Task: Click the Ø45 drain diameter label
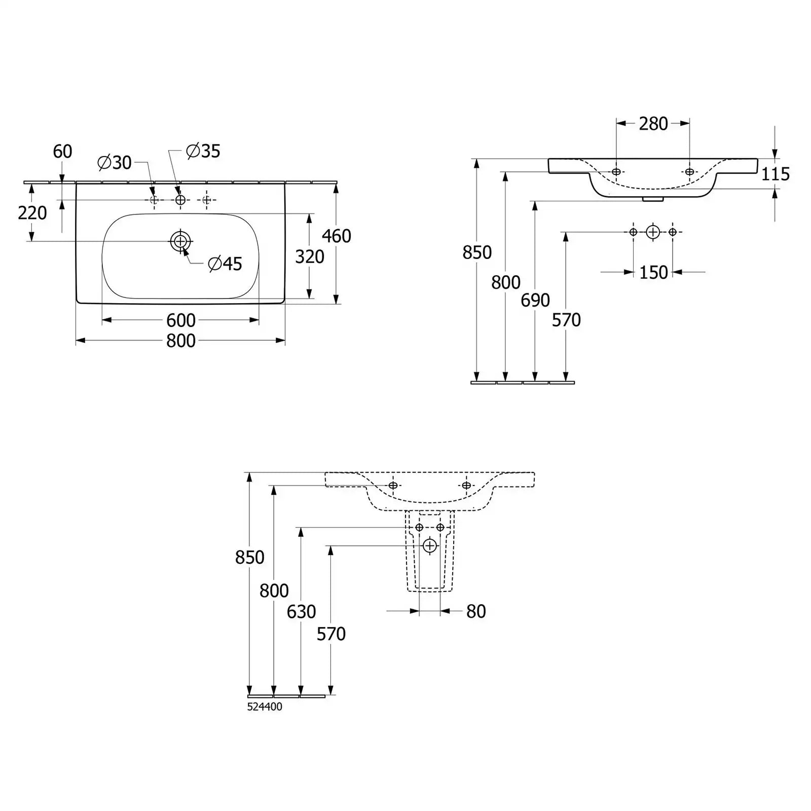(225, 264)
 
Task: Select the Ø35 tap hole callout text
(203, 151)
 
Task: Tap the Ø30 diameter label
(115, 163)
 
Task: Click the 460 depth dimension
(337, 236)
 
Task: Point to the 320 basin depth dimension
(310, 256)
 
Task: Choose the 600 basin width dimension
(181, 320)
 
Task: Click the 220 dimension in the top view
(32, 213)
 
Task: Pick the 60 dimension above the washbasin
(63, 151)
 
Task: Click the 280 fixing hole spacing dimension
(653, 124)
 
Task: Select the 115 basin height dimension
(776, 174)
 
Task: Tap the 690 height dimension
(535, 301)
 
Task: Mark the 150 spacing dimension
(653, 273)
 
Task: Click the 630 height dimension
(302, 612)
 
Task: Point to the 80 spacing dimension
(476, 611)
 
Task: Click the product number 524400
(265, 707)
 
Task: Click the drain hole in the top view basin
(180, 241)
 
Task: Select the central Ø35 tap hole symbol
(180, 200)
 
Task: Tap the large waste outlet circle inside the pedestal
(430, 546)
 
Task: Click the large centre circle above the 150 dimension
(653, 232)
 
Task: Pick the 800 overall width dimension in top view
(181, 341)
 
